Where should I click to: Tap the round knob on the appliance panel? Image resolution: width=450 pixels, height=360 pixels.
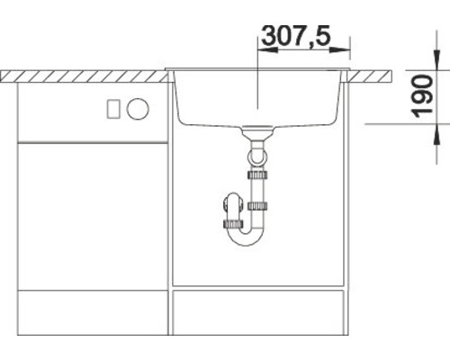click(138, 109)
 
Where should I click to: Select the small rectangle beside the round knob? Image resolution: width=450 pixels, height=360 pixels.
click(113, 109)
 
